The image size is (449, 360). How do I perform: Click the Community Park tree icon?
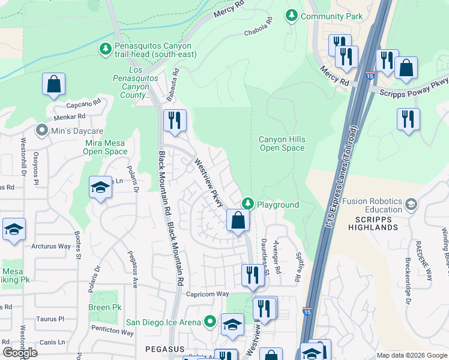292,16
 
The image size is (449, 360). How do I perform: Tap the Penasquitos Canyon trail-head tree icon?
106,47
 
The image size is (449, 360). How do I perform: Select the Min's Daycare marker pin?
41,130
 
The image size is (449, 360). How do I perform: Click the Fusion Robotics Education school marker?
411,205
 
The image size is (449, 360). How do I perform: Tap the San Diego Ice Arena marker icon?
209,322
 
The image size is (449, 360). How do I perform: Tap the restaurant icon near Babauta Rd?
175,121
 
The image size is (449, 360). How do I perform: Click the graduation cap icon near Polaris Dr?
101,187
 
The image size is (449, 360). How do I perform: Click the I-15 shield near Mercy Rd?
370,77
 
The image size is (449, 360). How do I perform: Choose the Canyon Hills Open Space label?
282,143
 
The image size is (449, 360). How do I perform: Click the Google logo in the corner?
20,353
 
